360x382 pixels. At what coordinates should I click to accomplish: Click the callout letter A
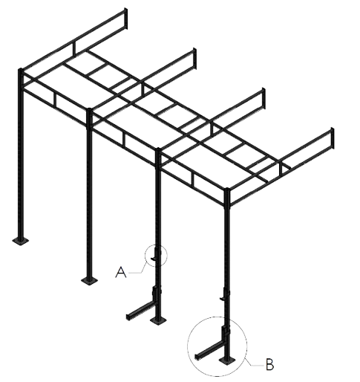pyautogui.click(x=121, y=272)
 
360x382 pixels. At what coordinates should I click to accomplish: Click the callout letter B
pyautogui.click(x=270, y=364)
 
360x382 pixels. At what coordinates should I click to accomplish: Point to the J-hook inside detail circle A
pyautogui.click(x=155, y=256)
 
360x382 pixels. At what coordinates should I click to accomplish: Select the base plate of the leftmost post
pyautogui.click(x=21, y=240)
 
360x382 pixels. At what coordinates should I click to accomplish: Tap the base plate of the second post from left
pyautogui.click(x=89, y=280)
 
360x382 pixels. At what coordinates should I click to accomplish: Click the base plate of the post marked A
pyautogui.click(x=158, y=320)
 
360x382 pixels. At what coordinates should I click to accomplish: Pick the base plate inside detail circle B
pyautogui.click(x=227, y=360)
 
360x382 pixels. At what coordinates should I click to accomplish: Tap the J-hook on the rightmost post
pyautogui.click(x=224, y=297)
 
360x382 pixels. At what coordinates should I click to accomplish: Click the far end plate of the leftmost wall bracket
pyautogui.click(x=125, y=19)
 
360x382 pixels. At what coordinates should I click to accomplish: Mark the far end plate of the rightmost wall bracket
pyautogui.click(x=333, y=138)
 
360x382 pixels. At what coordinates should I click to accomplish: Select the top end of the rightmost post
pyautogui.click(x=227, y=190)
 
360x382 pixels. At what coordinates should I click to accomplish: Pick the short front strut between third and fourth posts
pyautogui.click(x=192, y=181)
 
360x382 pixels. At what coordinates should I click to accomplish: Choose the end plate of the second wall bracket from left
pyautogui.click(x=194, y=59)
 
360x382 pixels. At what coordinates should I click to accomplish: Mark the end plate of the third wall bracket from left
pyautogui.click(x=264, y=98)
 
